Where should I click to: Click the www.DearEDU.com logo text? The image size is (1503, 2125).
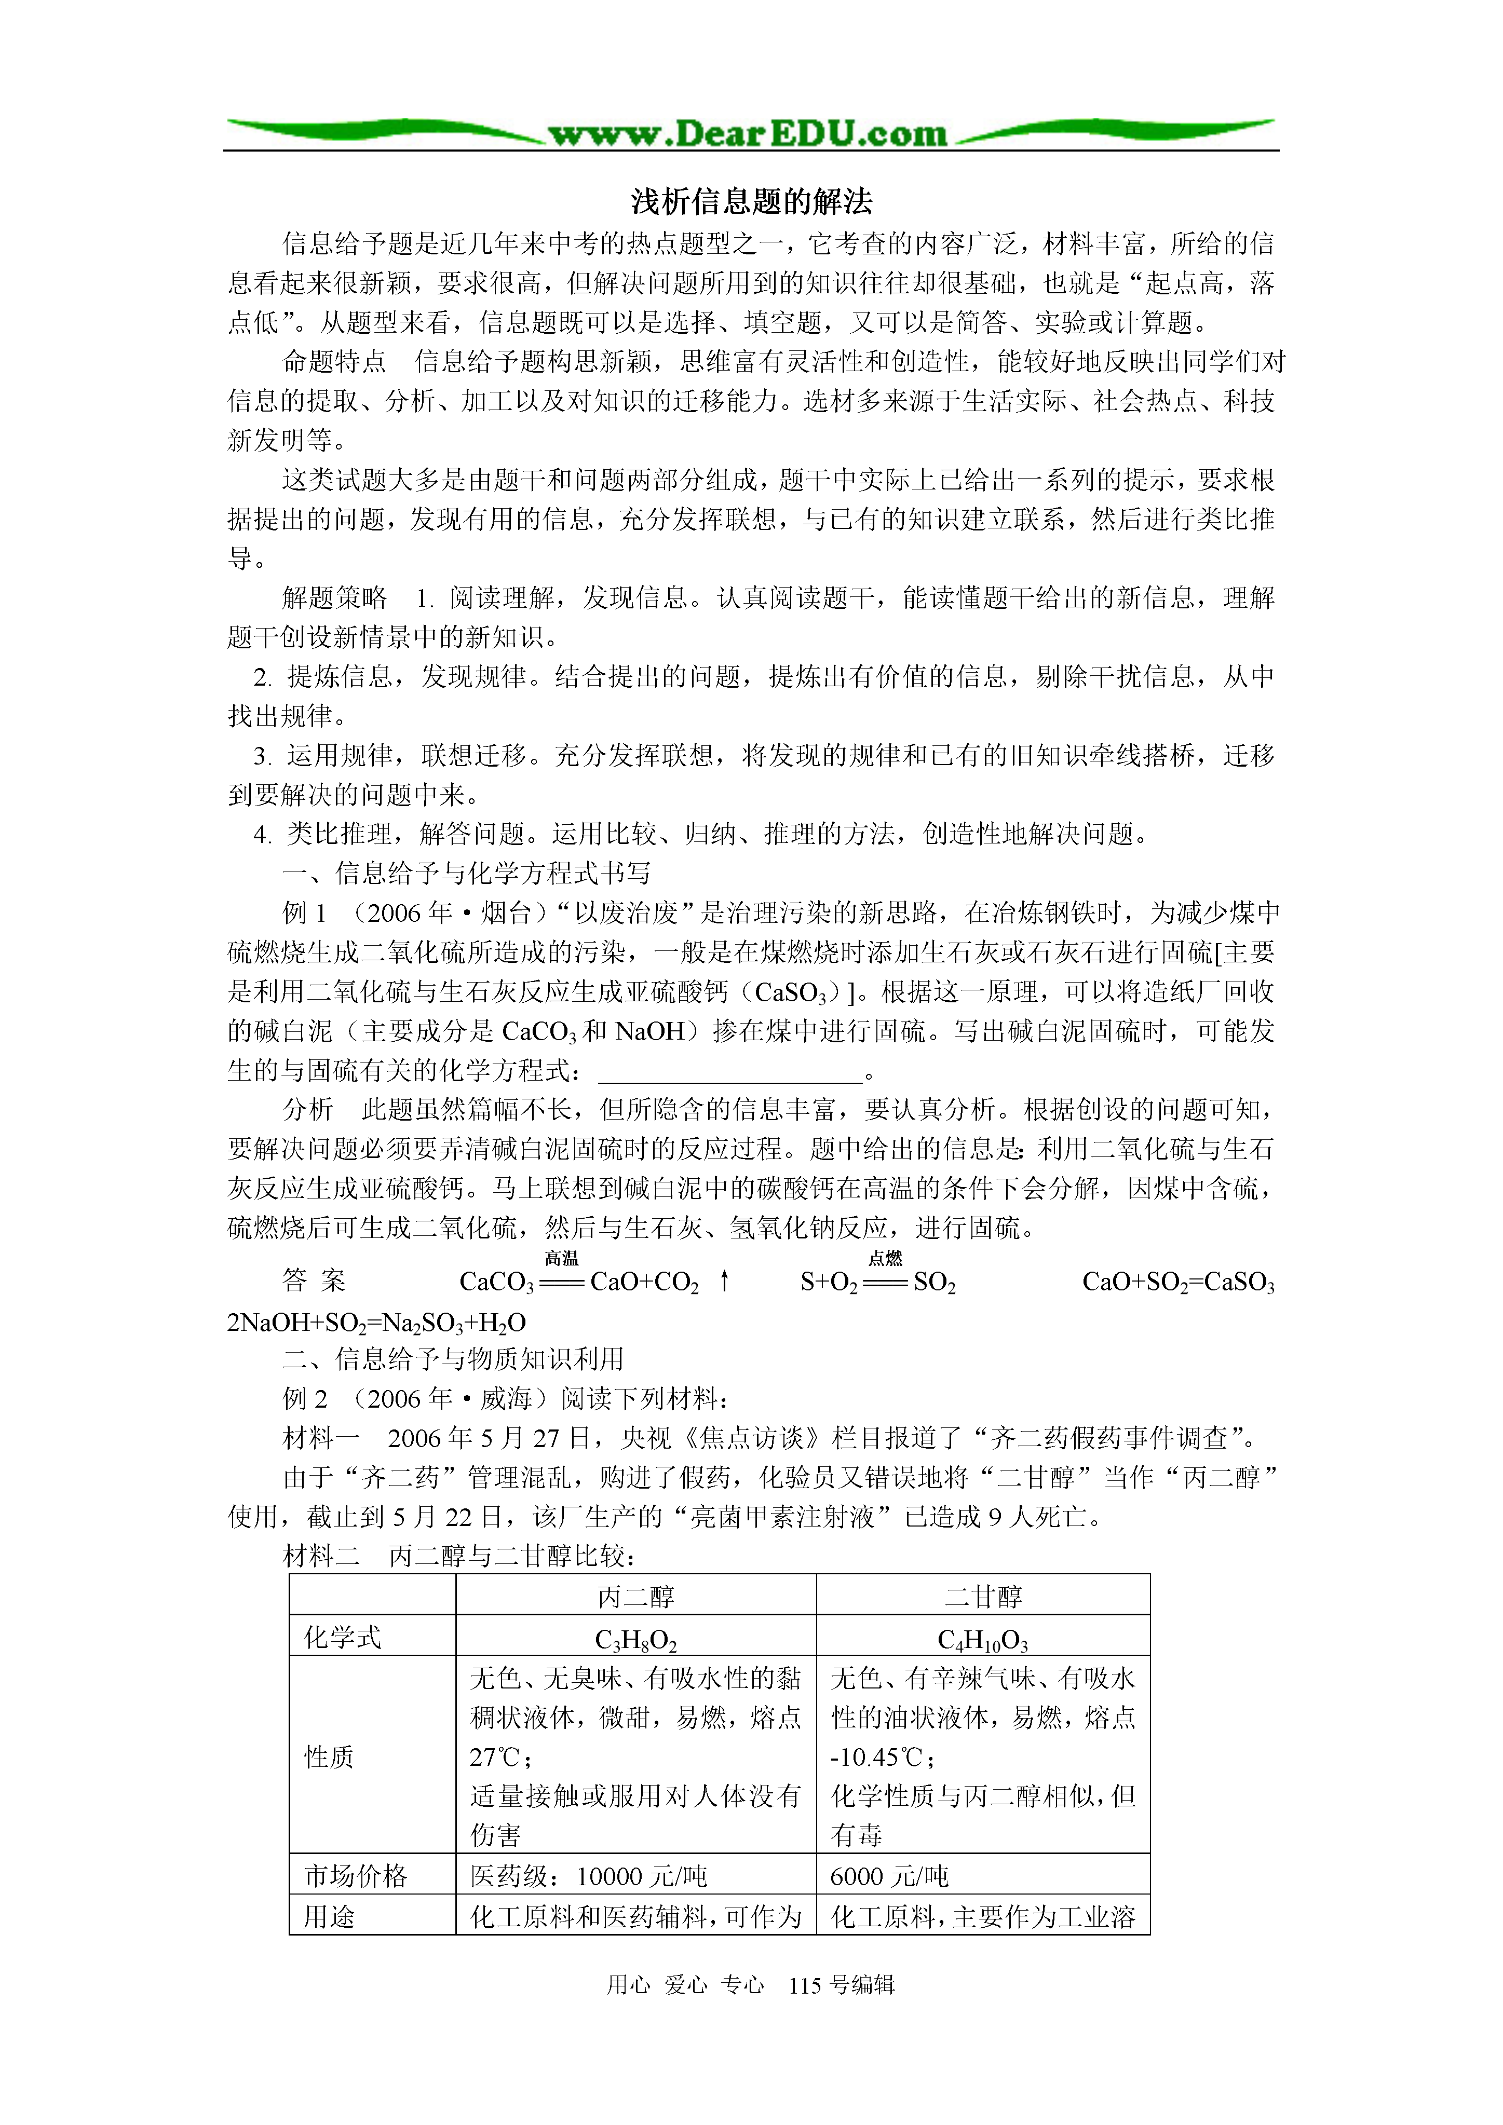point(748,134)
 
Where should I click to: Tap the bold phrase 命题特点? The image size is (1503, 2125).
point(334,362)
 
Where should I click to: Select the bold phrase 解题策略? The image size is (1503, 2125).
point(334,598)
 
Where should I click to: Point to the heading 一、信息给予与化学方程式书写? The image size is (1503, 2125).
point(466,873)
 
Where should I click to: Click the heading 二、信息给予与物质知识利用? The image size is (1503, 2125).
point(453,1359)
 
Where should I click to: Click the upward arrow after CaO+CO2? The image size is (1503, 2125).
point(725,1281)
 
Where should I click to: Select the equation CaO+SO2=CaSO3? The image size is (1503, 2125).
point(1178,1283)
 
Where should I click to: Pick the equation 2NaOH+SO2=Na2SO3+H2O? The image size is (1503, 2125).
point(377,1323)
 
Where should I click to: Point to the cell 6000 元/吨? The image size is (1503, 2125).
point(889,1876)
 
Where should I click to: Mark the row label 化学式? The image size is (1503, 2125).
point(343,1637)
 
